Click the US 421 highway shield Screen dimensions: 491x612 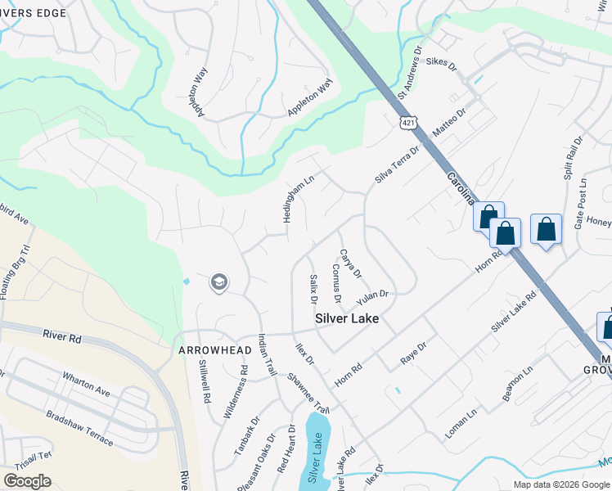pyautogui.click(x=407, y=123)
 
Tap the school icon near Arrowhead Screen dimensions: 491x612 pyautogui.click(x=218, y=282)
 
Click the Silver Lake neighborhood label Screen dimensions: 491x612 pyautogui.click(x=348, y=318)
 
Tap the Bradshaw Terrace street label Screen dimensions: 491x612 pyautogui.click(x=79, y=426)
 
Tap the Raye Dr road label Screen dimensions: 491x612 pyautogui.click(x=414, y=354)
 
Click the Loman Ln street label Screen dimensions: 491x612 pyautogui.click(x=462, y=421)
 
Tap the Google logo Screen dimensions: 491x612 pyautogui.click(x=27, y=481)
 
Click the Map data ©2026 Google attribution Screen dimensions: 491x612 pyautogui.click(x=561, y=484)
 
